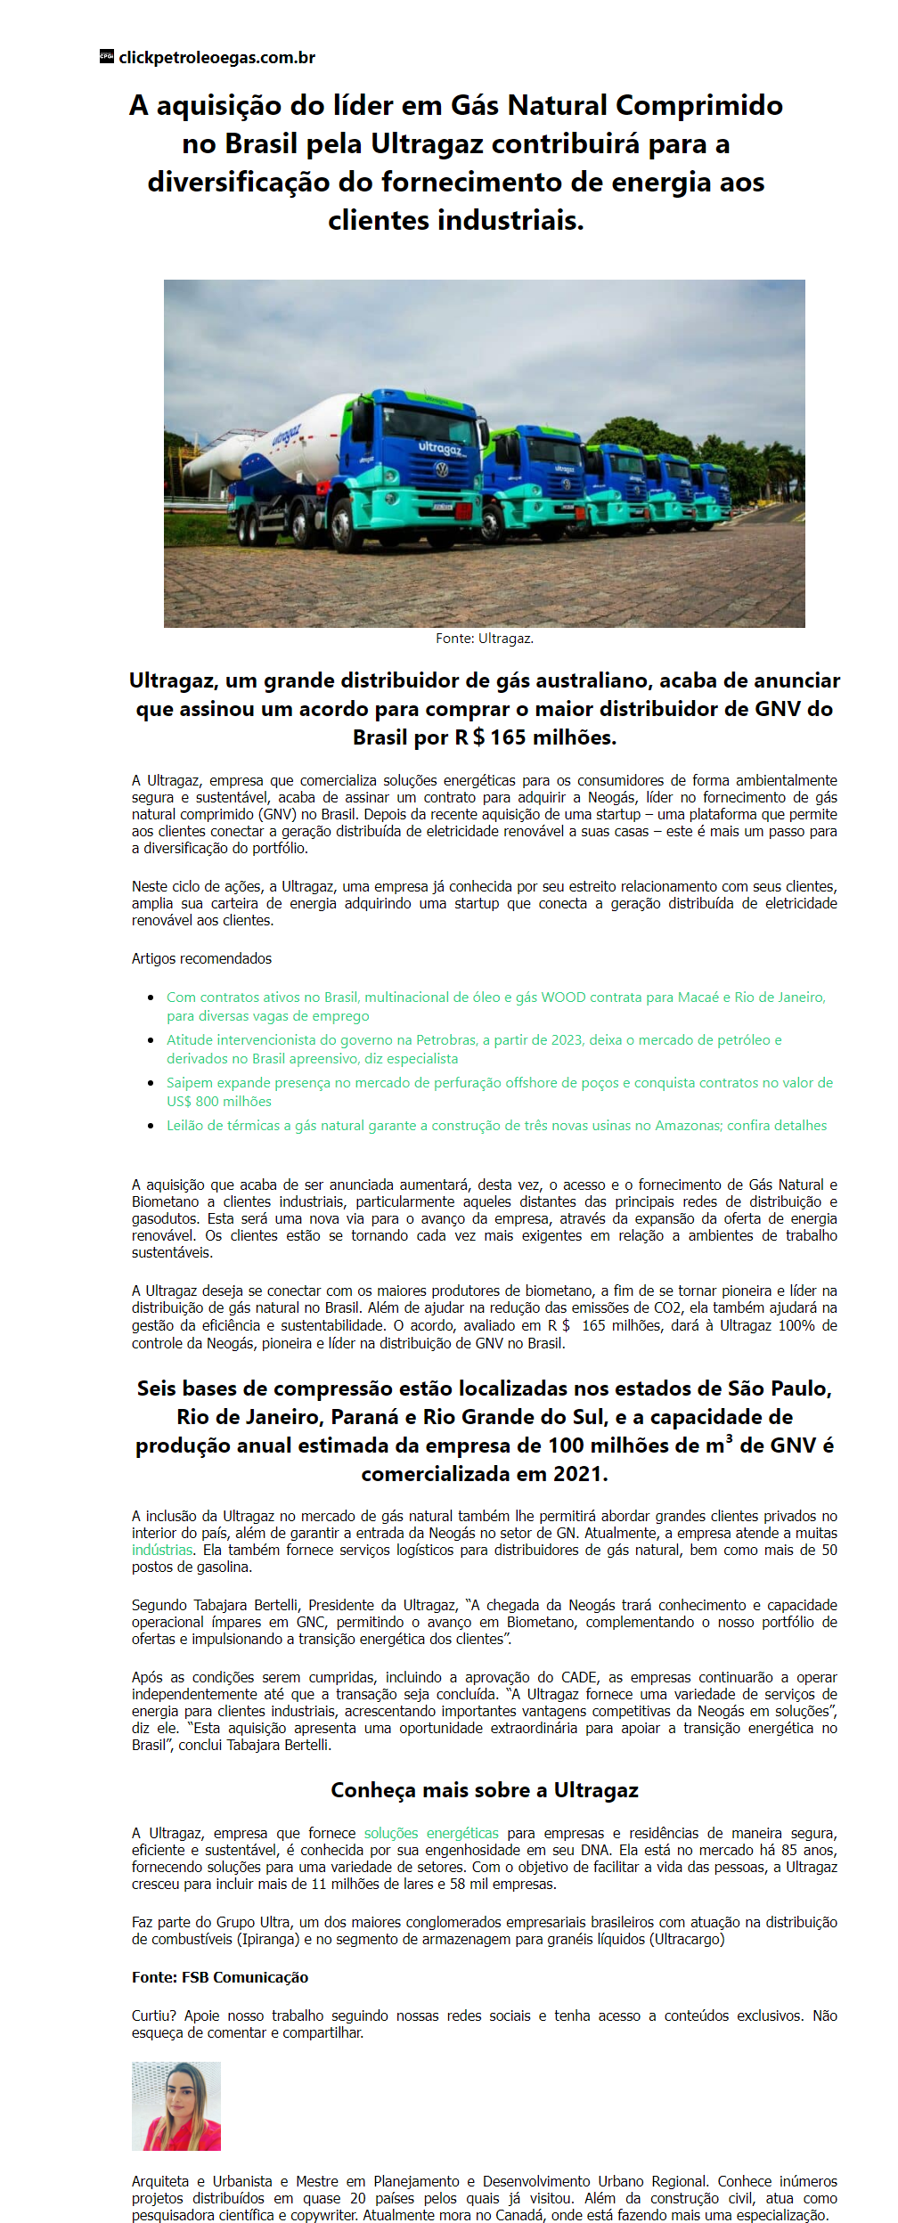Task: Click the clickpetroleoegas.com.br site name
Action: coord(216,58)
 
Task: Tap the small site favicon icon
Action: coord(107,56)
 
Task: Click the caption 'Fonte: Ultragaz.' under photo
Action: coord(485,639)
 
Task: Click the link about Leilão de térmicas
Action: coord(496,1126)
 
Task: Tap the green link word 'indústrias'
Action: coord(162,1550)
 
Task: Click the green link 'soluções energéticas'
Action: coord(431,1833)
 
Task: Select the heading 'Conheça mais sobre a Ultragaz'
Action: coord(485,1790)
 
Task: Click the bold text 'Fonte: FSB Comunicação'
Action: coord(220,1977)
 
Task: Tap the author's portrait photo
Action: coord(176,2106)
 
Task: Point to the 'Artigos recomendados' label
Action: coord(201,958)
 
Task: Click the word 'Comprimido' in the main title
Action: coord(699,105)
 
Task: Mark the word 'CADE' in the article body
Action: coord(579,1677)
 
